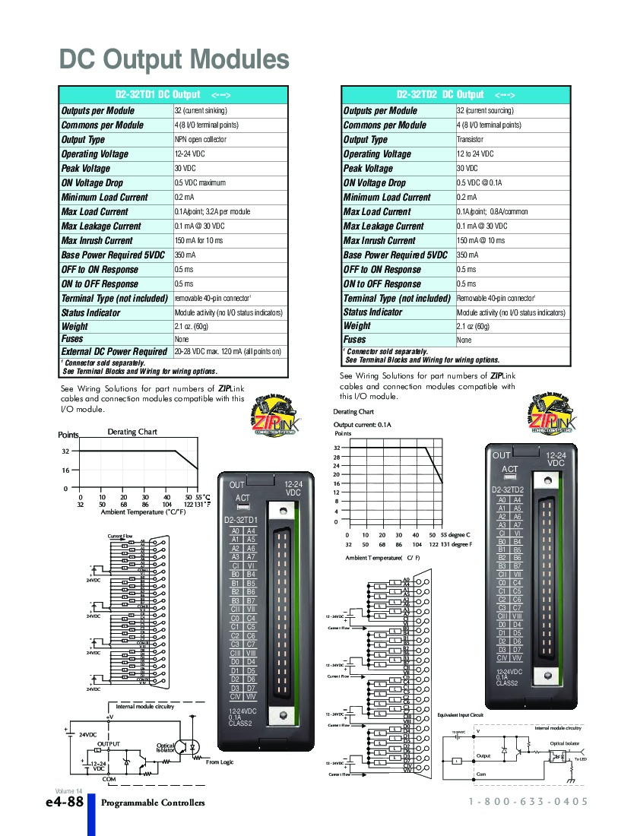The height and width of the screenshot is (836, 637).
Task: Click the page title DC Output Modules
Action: (174, 59)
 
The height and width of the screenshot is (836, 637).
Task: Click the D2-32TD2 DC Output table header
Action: (455, 95)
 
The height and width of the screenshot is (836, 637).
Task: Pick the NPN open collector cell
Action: (200, 140)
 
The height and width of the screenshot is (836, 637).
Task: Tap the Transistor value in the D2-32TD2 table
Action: (470, 140)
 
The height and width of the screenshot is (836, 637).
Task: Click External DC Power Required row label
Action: (114, 352)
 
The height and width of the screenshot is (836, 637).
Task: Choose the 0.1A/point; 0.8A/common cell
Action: (492, 212)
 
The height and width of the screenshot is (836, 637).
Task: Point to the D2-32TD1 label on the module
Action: (241, 520)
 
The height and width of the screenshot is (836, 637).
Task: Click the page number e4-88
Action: (64, 803)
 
